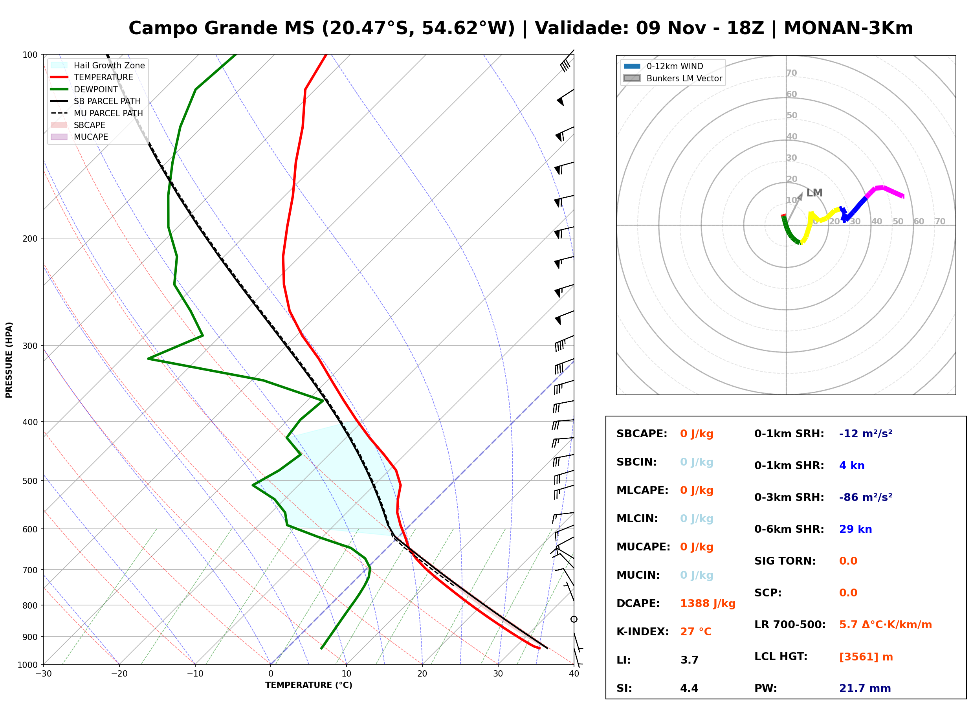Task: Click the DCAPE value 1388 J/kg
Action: (708, 603)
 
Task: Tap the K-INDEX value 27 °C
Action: (695, 632)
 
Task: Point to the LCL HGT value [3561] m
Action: (866, 657)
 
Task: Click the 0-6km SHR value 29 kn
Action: (855, 529)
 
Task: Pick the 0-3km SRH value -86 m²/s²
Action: (866, 497)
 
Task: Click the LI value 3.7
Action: (689, 660)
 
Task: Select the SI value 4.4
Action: (689, 688)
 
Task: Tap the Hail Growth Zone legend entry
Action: (98, 65)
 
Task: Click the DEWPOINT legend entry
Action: (84, 89)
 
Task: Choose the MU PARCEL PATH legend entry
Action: (97, 113)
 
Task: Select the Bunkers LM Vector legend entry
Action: (673, 78)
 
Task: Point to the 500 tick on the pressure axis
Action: (29, 481)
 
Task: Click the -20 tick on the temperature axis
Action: (119, 674)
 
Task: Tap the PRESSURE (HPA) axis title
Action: (9, 360)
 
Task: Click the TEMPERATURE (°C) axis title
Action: (309, 686)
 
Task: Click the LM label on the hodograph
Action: (814, 193)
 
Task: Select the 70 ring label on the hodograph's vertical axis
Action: (791, 73)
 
